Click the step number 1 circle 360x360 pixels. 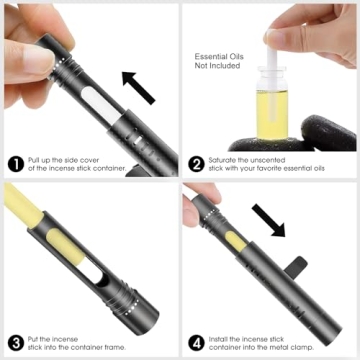[16, 164]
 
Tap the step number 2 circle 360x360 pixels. [196, 164]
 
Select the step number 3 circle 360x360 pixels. [16, 343]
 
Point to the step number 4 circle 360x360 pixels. [196, 343]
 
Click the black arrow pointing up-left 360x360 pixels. [138, 88]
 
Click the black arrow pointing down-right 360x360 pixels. [268, 220]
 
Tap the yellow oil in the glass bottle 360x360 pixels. [272, 115]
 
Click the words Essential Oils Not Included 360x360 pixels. [219, 61]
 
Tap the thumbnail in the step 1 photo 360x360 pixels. [38, 60]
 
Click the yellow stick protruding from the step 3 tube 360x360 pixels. [23, 205]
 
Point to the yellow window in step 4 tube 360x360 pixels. [236, 242]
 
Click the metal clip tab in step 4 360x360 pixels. [296, 266]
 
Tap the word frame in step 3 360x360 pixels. [116, 348]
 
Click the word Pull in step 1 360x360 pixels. [34, 160]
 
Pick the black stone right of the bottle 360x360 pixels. [328, 133]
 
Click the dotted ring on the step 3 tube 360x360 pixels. [132, 302]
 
